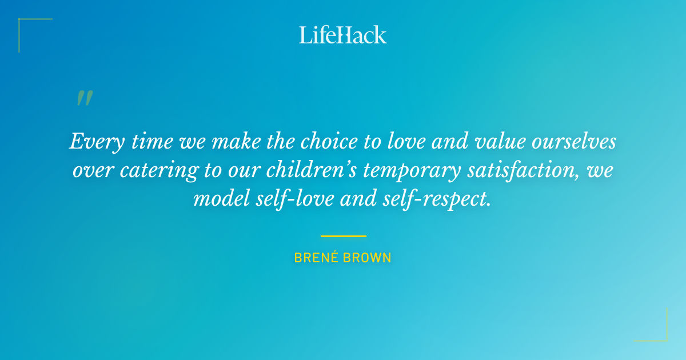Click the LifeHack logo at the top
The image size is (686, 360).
pyautogui.click(x=343, y=35)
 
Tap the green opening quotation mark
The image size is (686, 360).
pyautogui.click(x=85, y=99)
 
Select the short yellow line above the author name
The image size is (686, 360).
pyautogui.click(x=343, y=235)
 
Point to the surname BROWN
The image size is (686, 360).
pyautogui.click(x=369, y=258)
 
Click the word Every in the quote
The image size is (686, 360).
pyautogui.click(x=94, y=142)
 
